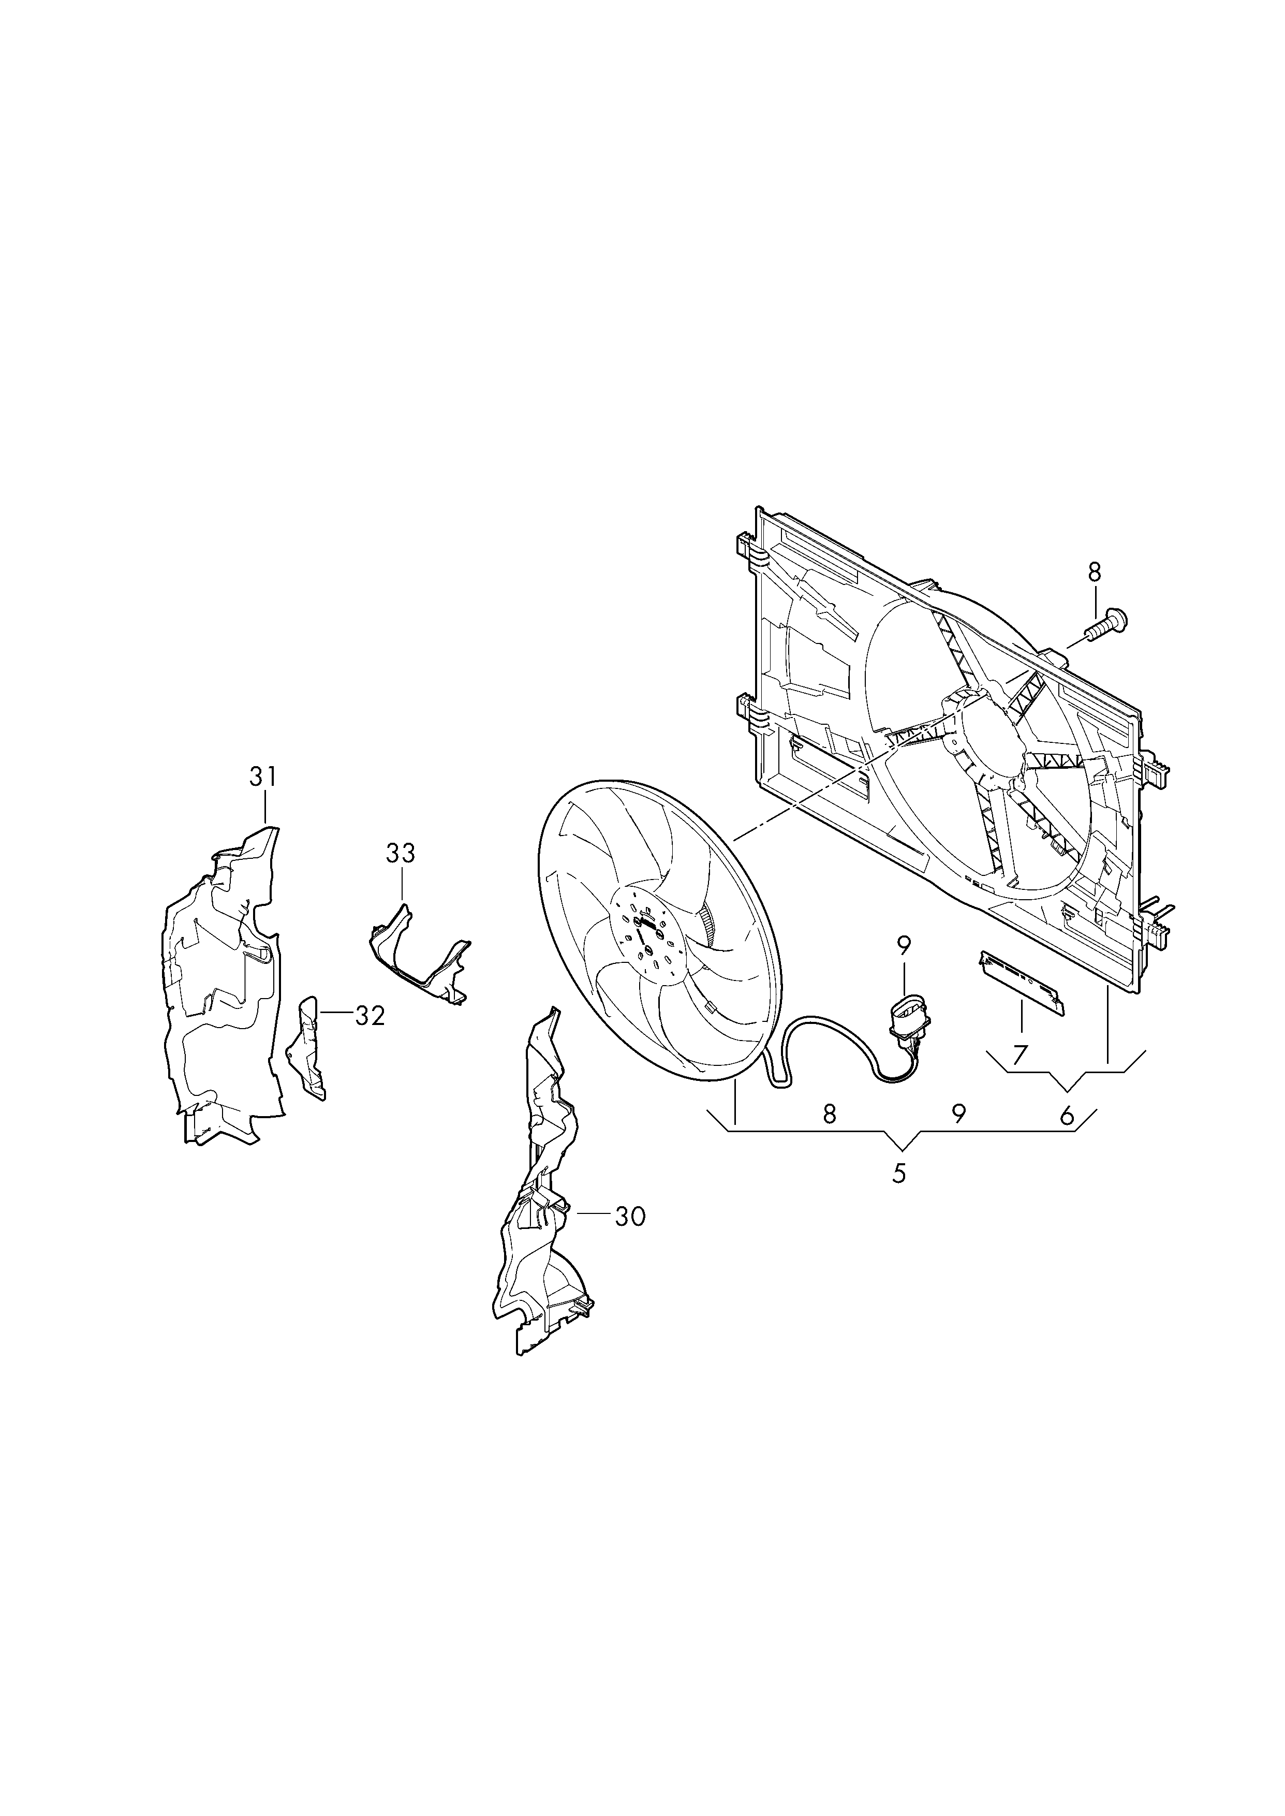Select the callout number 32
tap(370, 1016)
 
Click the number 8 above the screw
tap(1095, 572)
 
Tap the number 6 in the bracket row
tap(1067, 1117)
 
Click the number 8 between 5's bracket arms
tap(829, 1114)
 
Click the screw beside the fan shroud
tap(1107, 625)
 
